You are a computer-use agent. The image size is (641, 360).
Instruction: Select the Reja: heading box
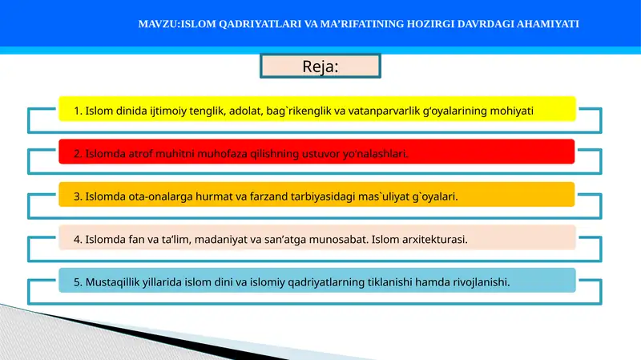click(320, 67)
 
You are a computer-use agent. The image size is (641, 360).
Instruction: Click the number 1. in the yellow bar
click(78, 110)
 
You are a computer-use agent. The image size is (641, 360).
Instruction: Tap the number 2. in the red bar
click(78, 152)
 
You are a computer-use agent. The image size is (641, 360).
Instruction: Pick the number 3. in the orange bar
click(78, 196)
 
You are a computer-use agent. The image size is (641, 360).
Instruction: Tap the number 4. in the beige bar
click(78, 239)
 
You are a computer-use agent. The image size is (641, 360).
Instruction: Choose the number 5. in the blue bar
click(78, 281)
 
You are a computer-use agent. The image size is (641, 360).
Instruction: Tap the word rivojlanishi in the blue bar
click(478, 281)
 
